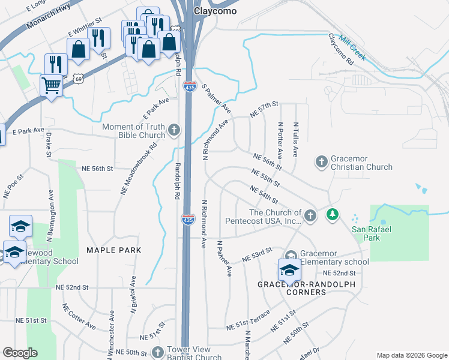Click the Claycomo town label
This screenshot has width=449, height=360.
pos(215,11)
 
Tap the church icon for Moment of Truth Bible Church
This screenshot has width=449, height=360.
pos(174,130)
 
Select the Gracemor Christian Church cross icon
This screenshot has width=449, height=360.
pos(322,161)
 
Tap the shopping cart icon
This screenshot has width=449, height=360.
pos(51,85)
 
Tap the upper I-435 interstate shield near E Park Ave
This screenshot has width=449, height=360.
pos(190,88)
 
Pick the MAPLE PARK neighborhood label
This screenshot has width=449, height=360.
pos(113,250)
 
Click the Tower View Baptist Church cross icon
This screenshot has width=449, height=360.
pos(157,352)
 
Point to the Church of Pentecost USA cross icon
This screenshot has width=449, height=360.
pos(310,215)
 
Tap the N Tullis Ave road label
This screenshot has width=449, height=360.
pos(296,140)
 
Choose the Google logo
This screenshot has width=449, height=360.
pos(20,353)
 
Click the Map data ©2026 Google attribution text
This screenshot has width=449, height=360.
pos(411,355)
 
